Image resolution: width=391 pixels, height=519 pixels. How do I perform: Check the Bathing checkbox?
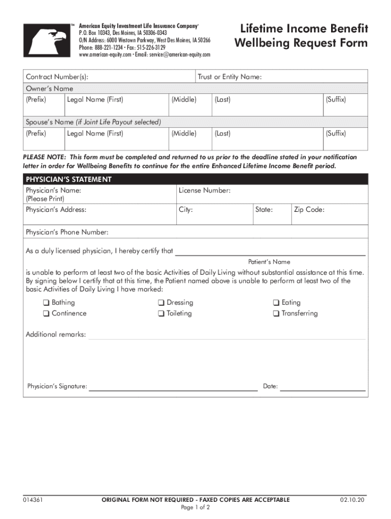click(x=46, y=303)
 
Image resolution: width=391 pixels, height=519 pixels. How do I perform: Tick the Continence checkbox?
click(x=46, y=314)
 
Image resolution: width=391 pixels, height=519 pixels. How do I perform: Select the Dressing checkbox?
click(x=161, y=303)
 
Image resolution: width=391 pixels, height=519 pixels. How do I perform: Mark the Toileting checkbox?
click(x=161, y=314)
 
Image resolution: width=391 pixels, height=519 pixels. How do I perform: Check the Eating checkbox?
click(x=276, y=303)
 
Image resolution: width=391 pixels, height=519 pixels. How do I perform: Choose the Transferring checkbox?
click(x=276, y=314)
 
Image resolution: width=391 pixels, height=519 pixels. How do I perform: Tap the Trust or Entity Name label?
click(x=230, y=77)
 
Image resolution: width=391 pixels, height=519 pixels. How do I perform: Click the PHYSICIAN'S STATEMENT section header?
click(x=69, y=179)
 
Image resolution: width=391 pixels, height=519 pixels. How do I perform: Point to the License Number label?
click(x=205, y=191)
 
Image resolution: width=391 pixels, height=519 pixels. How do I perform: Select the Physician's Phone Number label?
click(x=67, y=232)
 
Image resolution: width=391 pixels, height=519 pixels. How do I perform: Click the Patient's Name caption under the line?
click(x=269, y=262)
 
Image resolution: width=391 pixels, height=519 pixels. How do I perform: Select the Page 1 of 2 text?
click(x=195, y=507)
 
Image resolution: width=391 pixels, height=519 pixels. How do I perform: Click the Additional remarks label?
click(x=56, y=335)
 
